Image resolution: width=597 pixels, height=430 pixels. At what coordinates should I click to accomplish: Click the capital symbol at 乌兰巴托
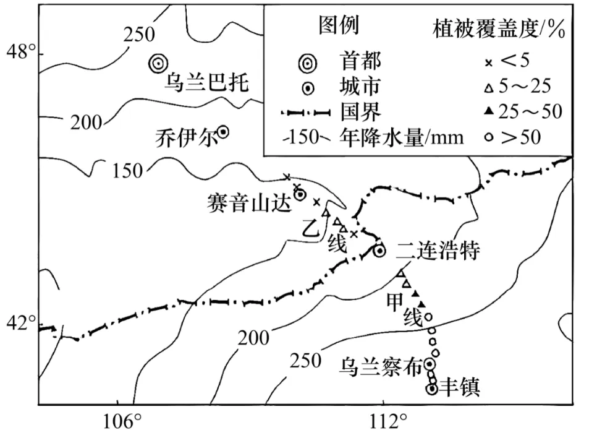coord(158,62)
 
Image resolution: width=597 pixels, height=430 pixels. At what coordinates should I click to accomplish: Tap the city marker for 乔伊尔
coord(223,131)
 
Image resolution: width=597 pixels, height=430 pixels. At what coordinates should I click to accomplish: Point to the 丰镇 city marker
coord(432,389)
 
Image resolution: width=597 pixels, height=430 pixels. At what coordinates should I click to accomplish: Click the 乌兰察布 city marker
coord(429,364)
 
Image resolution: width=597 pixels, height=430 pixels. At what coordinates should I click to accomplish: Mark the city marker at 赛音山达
coord(300,194)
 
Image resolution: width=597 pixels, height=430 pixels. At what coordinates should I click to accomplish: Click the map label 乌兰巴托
coord(206,83)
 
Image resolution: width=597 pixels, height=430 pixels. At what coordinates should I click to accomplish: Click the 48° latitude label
coord(19,53)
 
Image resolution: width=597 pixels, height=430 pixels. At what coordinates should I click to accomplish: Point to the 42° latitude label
coord(19,322)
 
